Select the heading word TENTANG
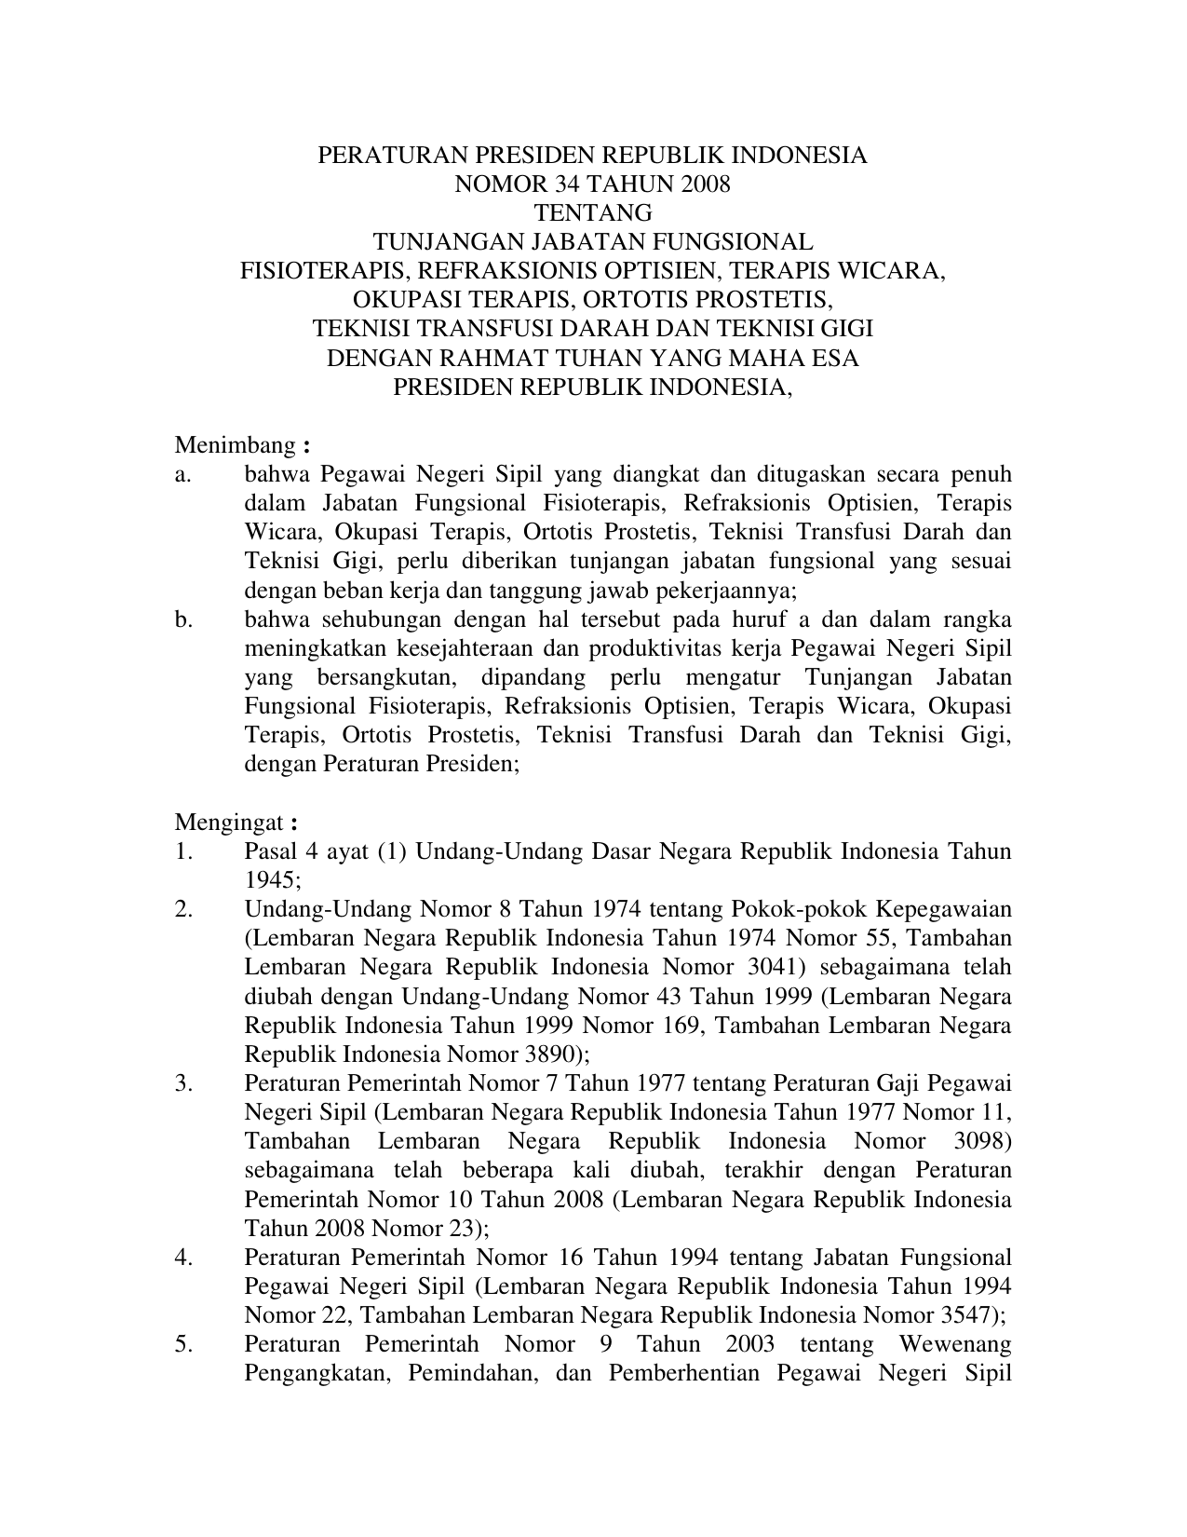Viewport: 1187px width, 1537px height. coord(592,213)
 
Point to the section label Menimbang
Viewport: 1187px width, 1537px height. coord(235,445)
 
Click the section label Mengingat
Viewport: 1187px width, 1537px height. coord(229,823)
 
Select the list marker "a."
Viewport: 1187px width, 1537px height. coord(182,474)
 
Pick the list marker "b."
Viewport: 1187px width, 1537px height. coord(183,619)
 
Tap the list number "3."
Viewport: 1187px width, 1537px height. coord(182,1083)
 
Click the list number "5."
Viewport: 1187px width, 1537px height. coord(182,1344)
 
